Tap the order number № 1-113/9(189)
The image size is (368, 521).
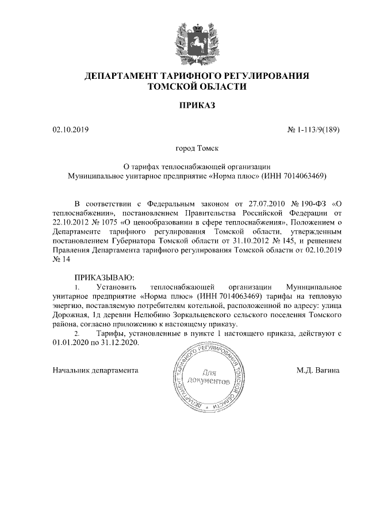313,130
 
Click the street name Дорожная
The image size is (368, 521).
70,315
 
